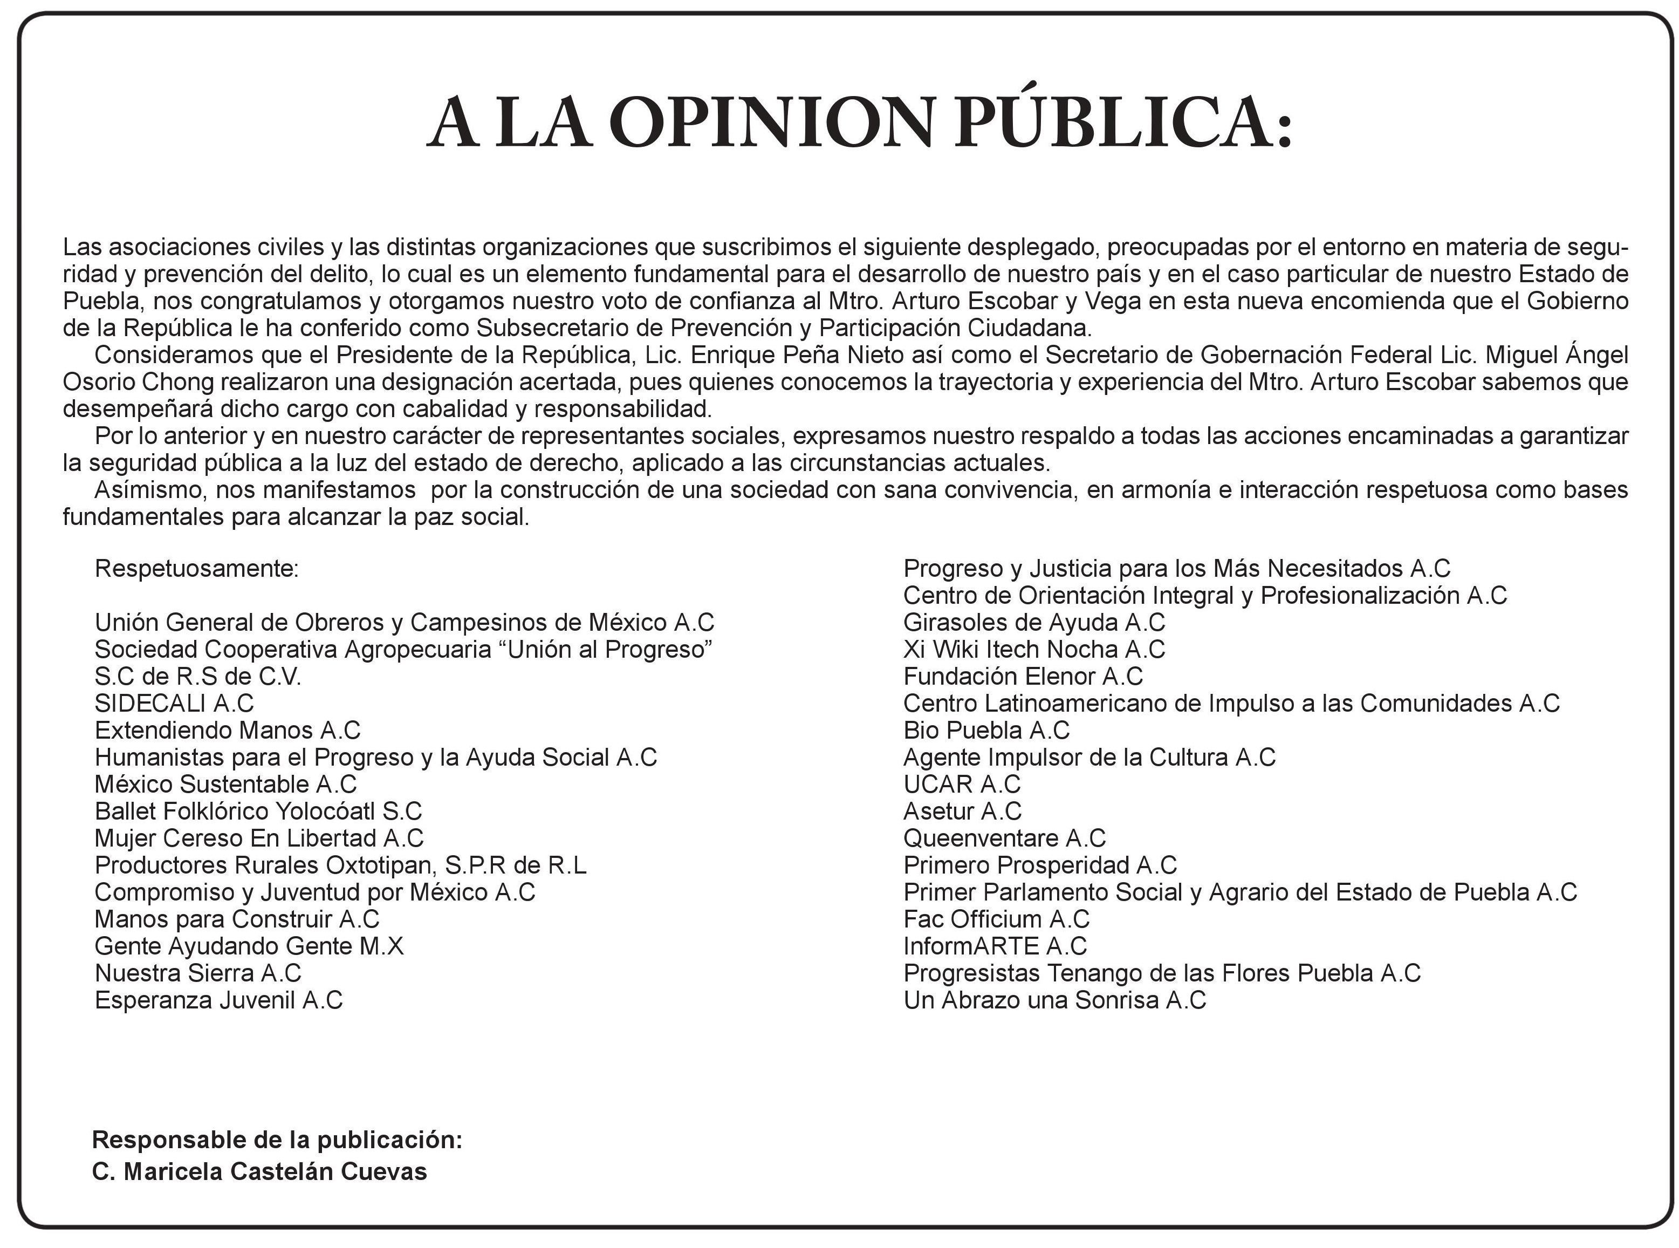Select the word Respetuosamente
(196, 568)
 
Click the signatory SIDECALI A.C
(174, 704)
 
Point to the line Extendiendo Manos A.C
(227, 731)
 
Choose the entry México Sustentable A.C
(225, 784)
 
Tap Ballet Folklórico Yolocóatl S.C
(257, 811)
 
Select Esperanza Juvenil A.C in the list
(218, 1000)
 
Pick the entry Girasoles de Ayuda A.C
(1033, 623)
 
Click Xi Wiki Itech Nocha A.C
(1033, 650)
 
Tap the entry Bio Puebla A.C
(986, 731)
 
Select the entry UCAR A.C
(961, 784)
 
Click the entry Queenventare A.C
(1004, 838)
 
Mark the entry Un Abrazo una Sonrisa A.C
(1054, 1000)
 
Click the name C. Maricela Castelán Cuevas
(259, 1172)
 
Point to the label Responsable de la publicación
(276, 1140)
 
